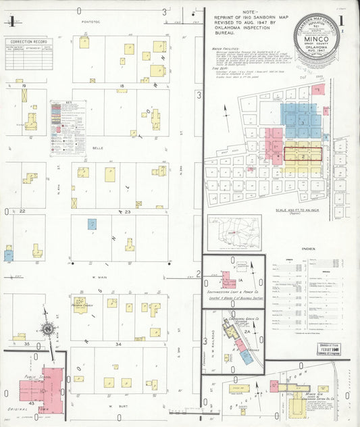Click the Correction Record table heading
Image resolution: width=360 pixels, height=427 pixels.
tap(28, 41)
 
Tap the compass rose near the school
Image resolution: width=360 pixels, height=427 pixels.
tap(48, 330)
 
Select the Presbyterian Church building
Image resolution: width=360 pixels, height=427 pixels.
tap(82, 302)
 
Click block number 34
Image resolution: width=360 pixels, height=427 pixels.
tap(118, 345)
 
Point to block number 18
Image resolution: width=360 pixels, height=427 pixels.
tap(122, 86)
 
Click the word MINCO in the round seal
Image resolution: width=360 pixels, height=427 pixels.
tap(317, 39)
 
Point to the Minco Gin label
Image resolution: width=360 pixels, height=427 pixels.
tap(311, 393)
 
